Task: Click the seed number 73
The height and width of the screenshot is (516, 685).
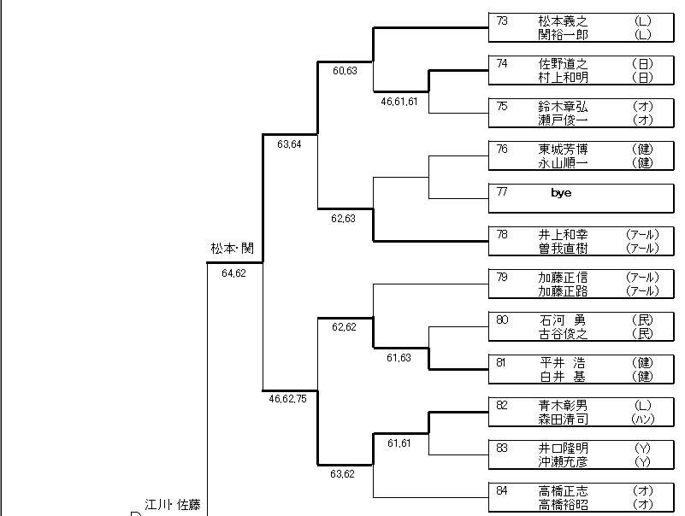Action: (x=502, y=21)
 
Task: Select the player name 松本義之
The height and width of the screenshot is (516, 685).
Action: (x=563, y=21)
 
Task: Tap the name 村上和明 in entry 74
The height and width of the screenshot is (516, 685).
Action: (x=563, y=77)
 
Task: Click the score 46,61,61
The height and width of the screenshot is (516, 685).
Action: (x=399, y=101)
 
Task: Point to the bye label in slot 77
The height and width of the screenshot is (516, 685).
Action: (x=561, y=193)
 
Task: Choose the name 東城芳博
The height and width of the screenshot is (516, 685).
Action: (x=563, y=149)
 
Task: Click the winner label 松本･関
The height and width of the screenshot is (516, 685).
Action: (x=232, y=249)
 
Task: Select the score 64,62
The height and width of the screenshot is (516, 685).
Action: (x=233, y=273)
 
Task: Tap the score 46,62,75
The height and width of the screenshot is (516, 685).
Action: (x=287, y=398)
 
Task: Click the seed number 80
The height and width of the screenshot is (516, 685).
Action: (x=502, y=320)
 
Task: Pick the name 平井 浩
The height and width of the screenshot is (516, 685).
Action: (x=563, y=362)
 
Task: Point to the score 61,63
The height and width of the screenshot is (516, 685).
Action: (x=399, y=357)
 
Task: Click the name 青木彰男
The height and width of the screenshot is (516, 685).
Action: (x=563, y=405)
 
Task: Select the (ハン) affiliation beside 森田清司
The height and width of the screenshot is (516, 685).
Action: (x=643, y=419)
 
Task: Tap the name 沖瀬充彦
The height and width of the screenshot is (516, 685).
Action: (x=563, y=461)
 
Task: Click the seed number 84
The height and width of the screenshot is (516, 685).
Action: (x=502, y=490)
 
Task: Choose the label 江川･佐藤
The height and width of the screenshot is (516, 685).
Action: (x=172, y=503)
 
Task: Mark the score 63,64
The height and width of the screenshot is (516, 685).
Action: (x=289, y=144)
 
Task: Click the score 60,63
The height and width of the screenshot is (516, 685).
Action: (x=345, y=70)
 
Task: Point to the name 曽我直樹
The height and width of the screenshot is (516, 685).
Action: (x=563, y=248)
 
